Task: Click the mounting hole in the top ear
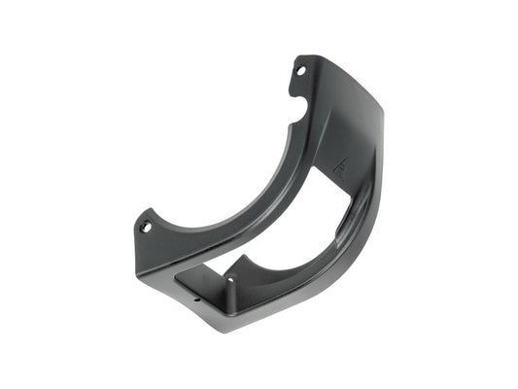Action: coord(301,70)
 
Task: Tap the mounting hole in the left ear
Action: coord(147,228)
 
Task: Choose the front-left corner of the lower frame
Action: coord(177,282)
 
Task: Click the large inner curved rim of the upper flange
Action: coord(243,209)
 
